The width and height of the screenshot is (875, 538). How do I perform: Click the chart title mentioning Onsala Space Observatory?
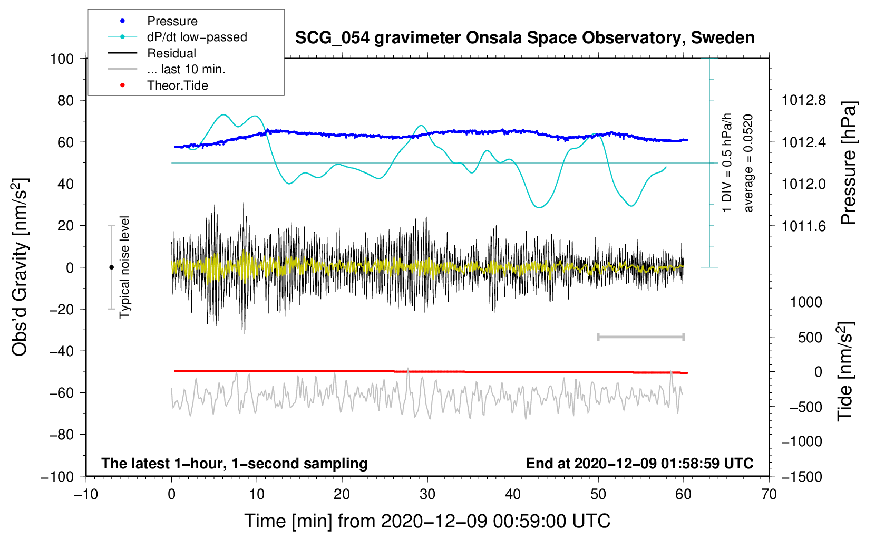click(x=524, y=38)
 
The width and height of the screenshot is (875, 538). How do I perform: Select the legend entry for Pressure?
click(x=172, y=21)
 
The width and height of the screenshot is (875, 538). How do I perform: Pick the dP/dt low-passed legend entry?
click(x=197, y=37)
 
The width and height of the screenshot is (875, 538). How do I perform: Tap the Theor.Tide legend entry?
click(x=178, y=85)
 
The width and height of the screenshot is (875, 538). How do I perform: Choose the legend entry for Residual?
click(x=171, y=53)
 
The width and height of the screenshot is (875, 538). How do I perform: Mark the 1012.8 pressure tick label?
click(x=803, y=100)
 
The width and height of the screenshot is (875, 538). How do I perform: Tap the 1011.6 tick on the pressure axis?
click(x=803, y=226)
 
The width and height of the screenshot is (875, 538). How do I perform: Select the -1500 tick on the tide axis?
click(x=801, y=476)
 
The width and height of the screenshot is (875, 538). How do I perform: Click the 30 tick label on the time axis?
click(x=427, y=495)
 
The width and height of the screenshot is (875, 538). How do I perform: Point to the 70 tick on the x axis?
click(x=769, y=495)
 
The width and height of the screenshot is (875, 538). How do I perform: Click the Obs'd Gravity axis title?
click(x=20, y=267)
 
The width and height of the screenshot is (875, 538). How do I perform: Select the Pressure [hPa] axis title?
click(x=848, y=163)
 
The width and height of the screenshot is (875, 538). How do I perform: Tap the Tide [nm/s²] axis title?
click(x=845, y=371)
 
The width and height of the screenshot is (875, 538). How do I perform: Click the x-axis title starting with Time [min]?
click(x=427, y=521)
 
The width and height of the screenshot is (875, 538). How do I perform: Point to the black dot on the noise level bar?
click(x=111, y=267)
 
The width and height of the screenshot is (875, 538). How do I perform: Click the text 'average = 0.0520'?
click(x=748, y=163)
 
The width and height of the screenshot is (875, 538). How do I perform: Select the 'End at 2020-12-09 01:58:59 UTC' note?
click(x=639, y=464)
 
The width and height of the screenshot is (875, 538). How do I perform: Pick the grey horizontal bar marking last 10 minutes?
click(x=640, y=337)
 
